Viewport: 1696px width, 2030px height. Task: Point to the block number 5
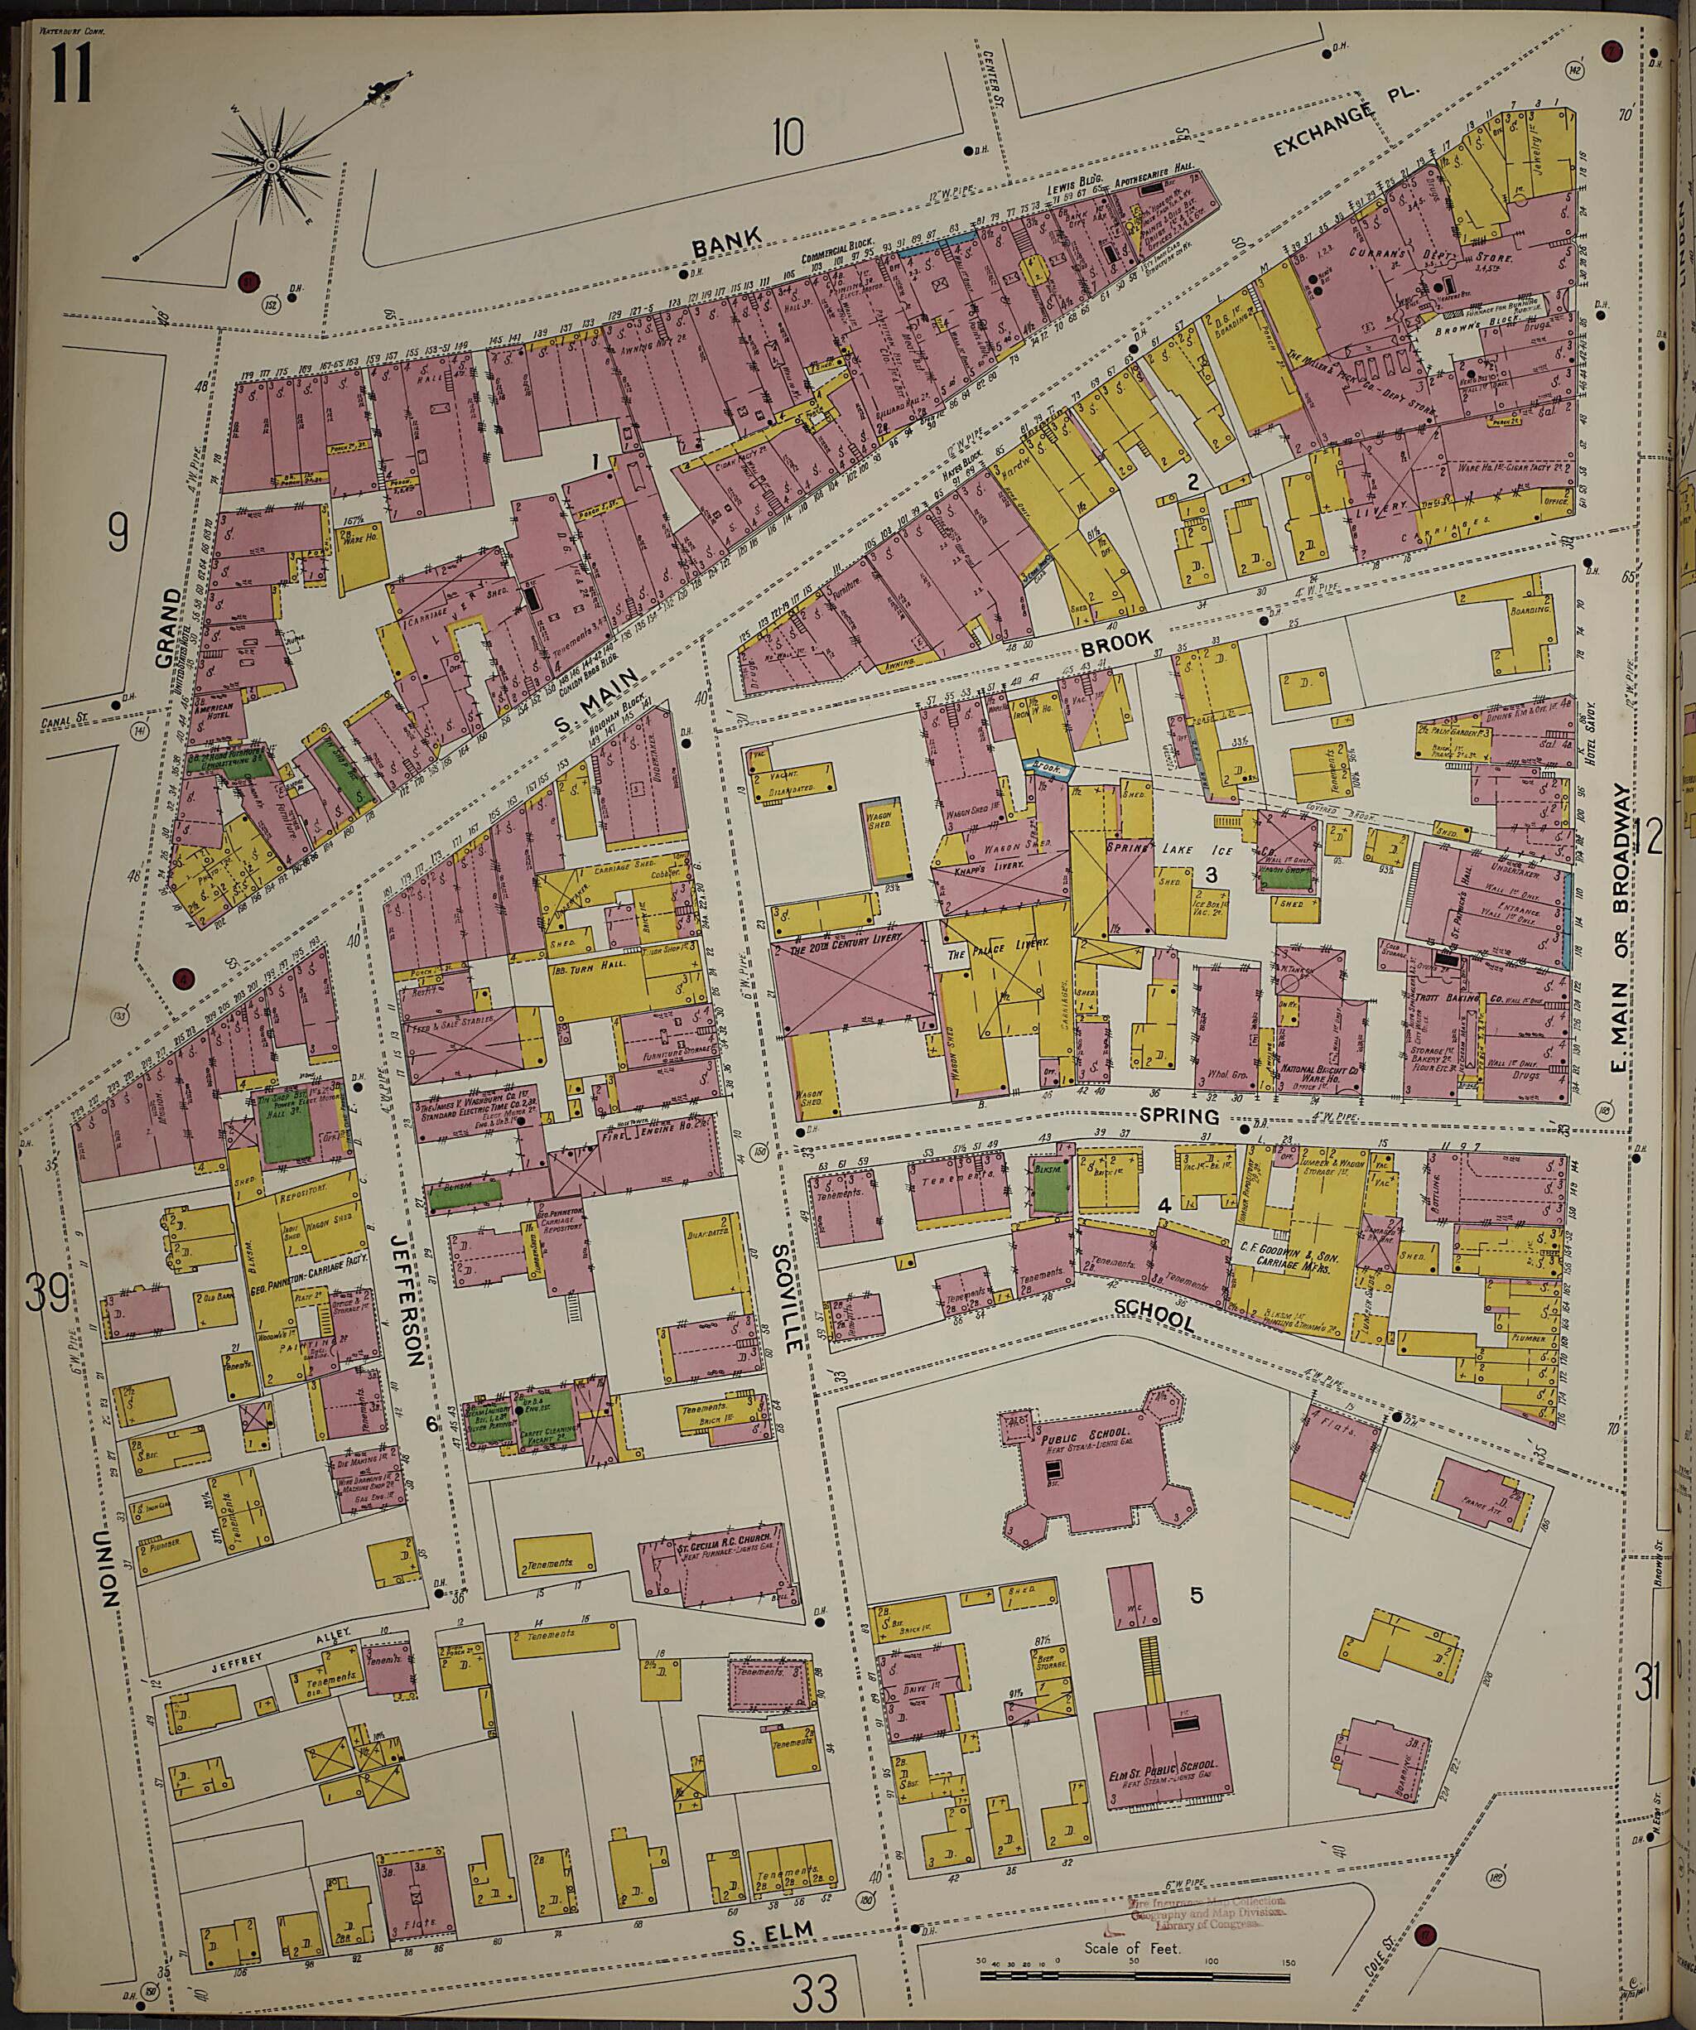pos(1197,1596)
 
